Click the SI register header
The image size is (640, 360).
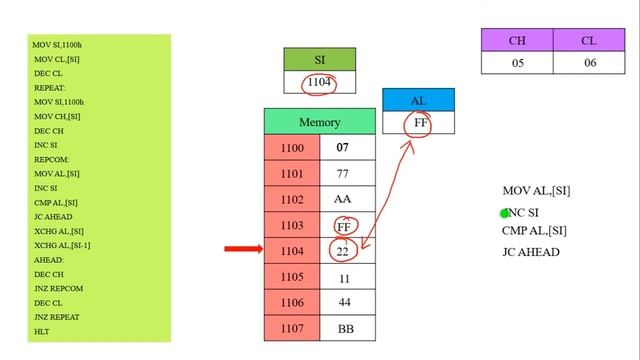319,60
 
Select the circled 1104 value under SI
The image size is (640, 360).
319,83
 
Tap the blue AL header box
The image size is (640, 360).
418,101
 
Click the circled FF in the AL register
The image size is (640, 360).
418,124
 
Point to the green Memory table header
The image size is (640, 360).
319,122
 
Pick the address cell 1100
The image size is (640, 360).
292,148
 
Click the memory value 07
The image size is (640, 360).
343,148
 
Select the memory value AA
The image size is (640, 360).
343,199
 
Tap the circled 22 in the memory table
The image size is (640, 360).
343,250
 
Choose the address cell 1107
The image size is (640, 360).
292,327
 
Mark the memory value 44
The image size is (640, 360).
343,302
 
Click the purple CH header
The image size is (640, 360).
517,41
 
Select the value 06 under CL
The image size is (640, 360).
589,62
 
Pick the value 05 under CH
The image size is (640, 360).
517,62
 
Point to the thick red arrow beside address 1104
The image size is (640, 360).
243,249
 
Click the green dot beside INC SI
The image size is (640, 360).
505,213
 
